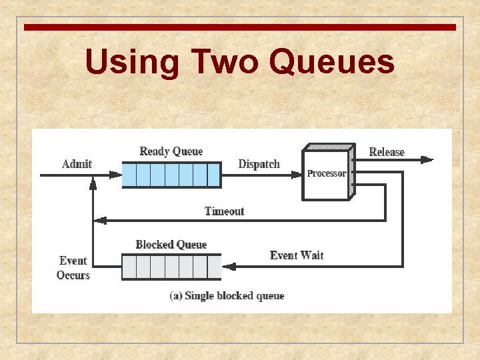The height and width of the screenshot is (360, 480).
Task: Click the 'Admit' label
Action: pos(77,164)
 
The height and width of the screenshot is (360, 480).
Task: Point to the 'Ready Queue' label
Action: pos(171,151)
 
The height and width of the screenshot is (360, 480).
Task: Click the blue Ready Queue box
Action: pos(171,175)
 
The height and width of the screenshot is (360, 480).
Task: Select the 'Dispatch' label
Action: pos(259,164)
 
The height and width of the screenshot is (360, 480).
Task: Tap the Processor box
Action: pos(326,174)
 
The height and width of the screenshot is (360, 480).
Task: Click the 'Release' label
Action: pos(387,152)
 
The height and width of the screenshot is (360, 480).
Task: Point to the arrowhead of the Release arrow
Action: pos(427,159)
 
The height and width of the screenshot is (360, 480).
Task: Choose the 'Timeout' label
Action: pos(225,211)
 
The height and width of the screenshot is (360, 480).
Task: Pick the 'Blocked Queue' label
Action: pos(171,245)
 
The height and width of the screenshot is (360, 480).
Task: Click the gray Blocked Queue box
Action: pos(171,267)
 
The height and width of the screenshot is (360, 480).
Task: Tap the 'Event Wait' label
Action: pos(297,255)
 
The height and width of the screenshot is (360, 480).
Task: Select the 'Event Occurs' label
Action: pos(73,268)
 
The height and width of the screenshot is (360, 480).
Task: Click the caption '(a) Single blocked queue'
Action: pos(227,295)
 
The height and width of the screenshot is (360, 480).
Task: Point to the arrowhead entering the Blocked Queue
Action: pos(229,267)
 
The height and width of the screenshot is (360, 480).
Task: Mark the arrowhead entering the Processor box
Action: pos(297,175)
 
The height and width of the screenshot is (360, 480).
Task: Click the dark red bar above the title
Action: pos(240,27)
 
